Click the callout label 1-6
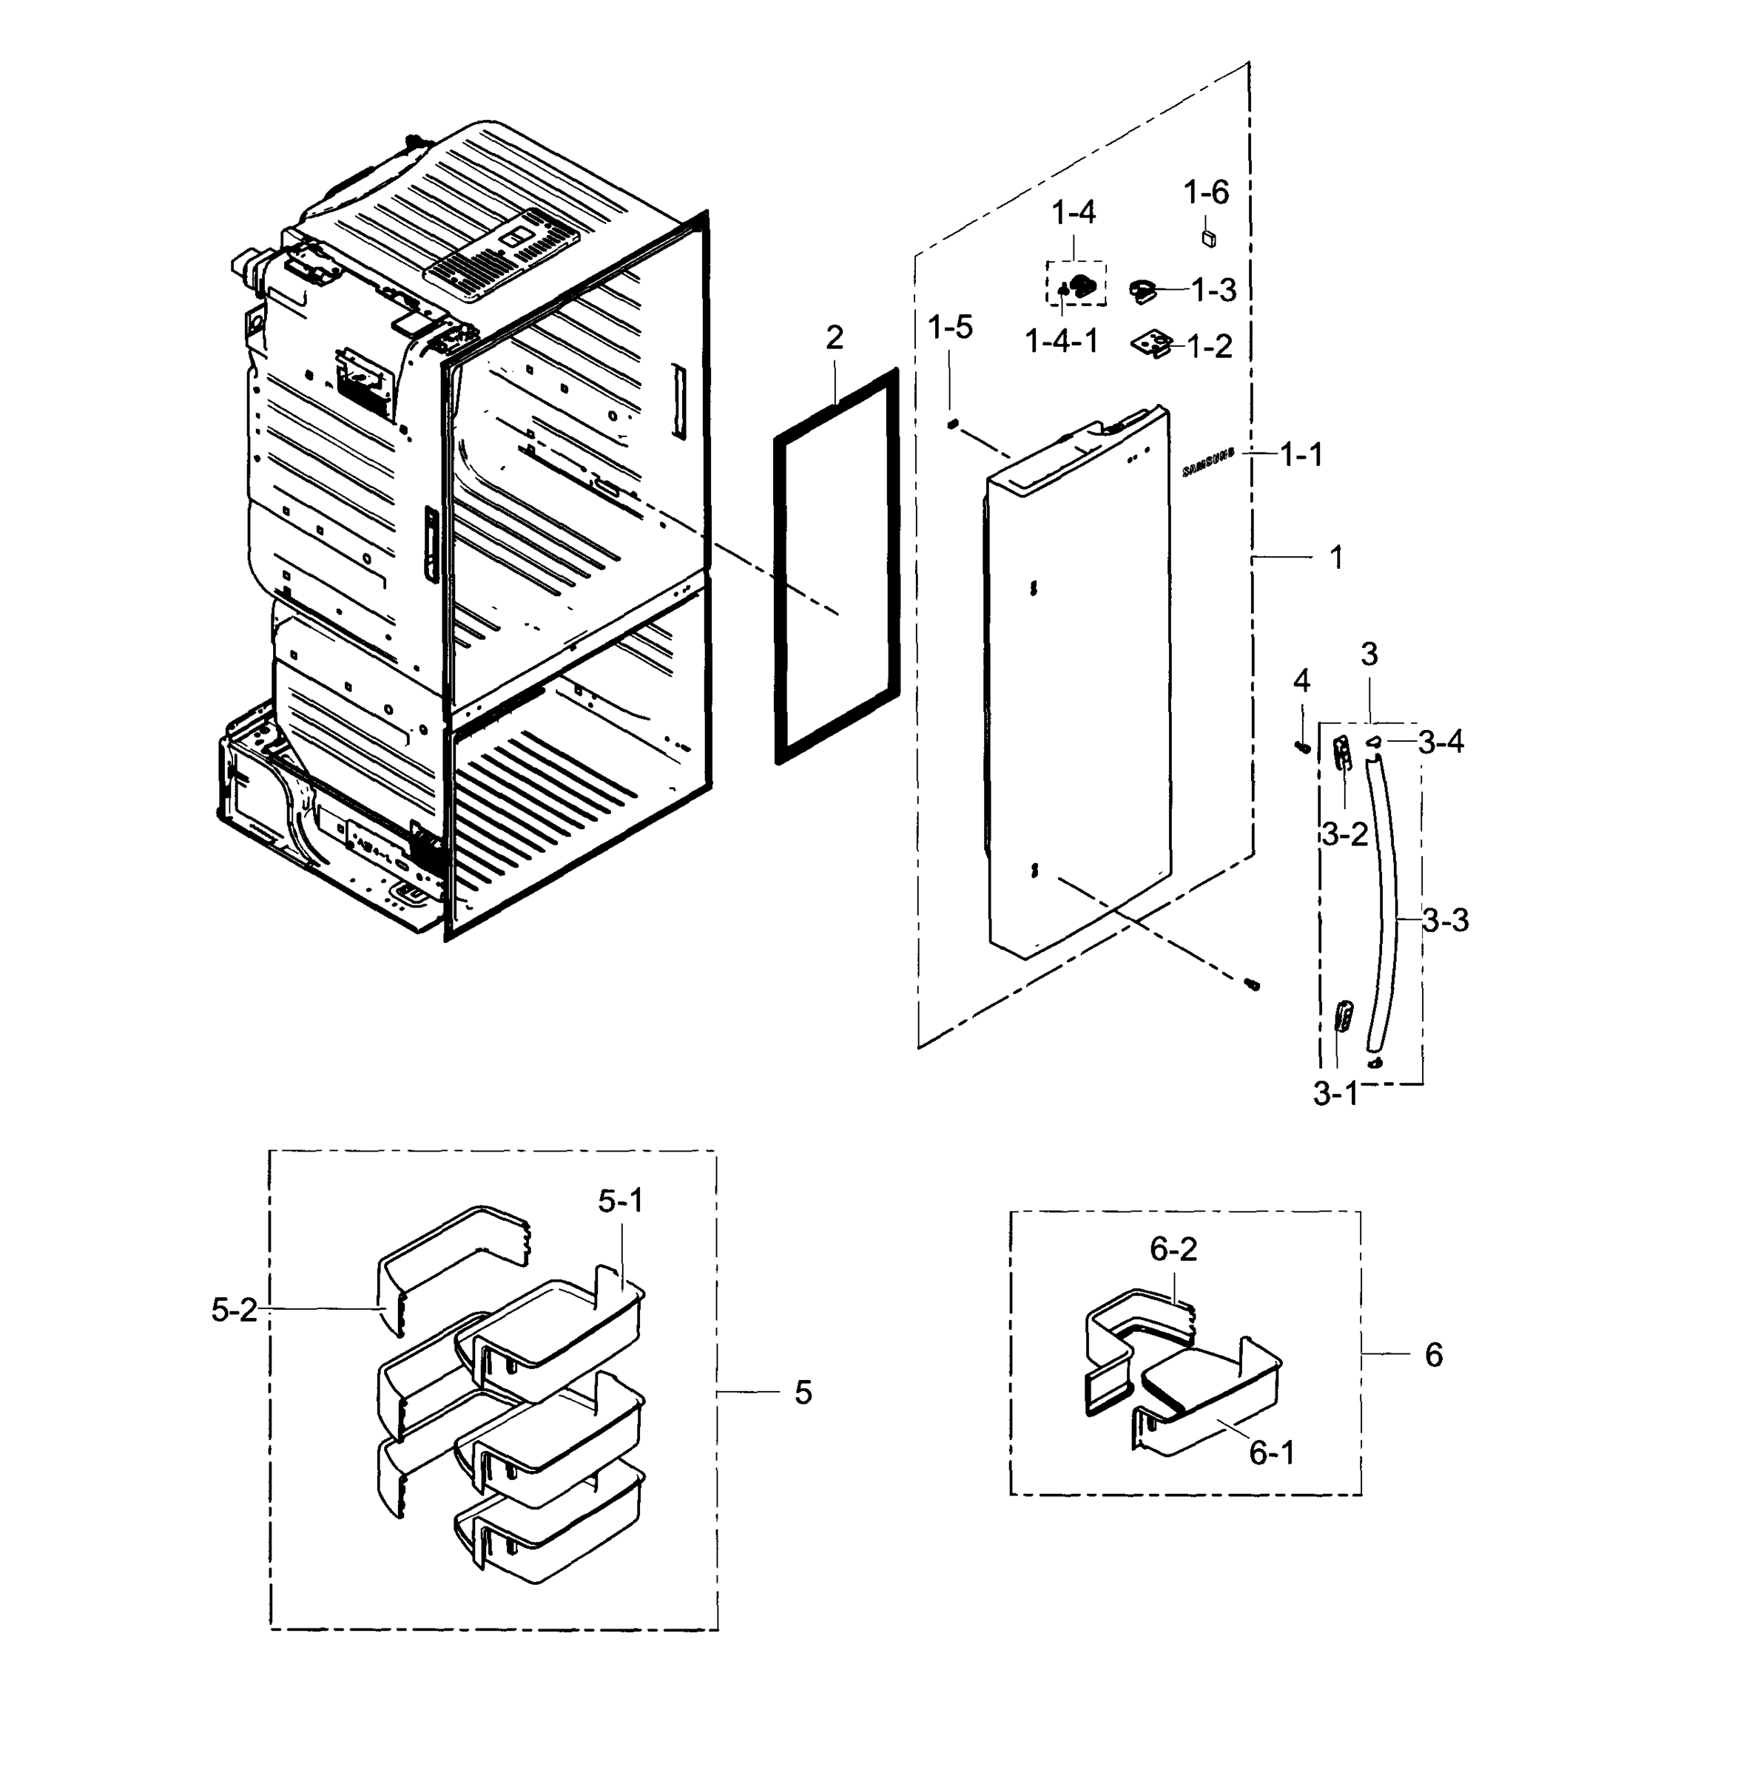1205,193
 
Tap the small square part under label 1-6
1209,239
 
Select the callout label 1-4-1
1061,342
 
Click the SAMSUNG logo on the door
1208,463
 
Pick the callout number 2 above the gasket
834,338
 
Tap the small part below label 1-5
953,422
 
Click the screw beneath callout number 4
1301,748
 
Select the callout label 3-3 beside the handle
1446,920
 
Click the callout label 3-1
1335,1094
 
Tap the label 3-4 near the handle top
1441,742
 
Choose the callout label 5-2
235,1311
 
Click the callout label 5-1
621,1201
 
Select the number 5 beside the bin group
803,1393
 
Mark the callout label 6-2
1173,1250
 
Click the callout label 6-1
1273,1453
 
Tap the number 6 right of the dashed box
1434,1354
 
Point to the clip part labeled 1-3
1144,291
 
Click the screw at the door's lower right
1250,985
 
